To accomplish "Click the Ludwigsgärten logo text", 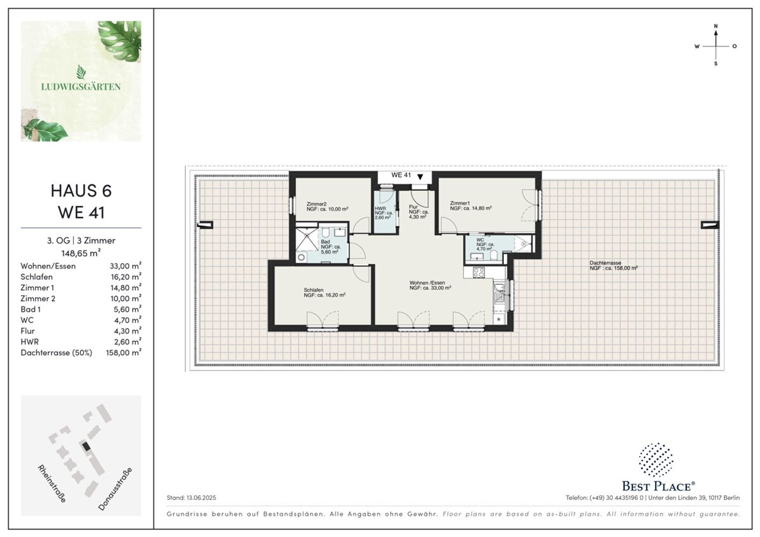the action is tap(81, 87).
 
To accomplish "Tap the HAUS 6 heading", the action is tap(81, 191).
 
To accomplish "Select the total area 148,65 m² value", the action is tap(81, 253).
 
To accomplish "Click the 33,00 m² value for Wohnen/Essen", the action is tap(125, 266).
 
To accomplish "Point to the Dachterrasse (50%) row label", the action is tap(56, 353).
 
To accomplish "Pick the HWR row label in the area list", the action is tap(30, 342).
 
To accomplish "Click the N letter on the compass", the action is tap(716, 26).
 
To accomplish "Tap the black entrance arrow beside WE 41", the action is tap(421, 177).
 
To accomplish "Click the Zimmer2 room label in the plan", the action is tap(316, 204).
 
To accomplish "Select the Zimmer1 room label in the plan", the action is tap(460, 203).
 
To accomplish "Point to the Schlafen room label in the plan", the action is tap(314, 290).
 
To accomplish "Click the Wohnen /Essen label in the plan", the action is tap(427, 282).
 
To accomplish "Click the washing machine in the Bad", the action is tap(301, 257).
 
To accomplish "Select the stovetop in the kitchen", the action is tap(479, 272).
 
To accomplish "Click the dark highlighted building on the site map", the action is tap(86, 446).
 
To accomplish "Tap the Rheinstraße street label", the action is tap(52, 484).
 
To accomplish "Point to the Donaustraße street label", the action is tap(115, 489).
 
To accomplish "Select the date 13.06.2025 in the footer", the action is tap(201, 498).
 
